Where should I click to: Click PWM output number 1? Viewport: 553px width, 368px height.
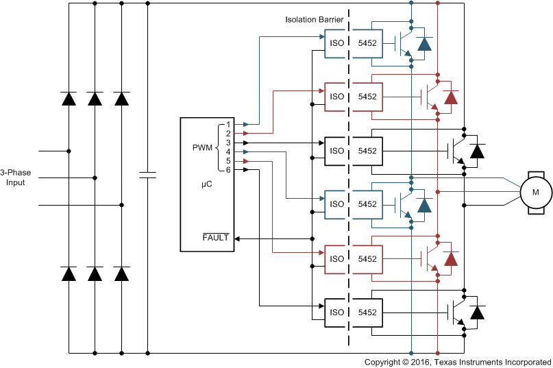click(x=228, y=125)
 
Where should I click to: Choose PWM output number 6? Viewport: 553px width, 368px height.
click(x=228, y=169)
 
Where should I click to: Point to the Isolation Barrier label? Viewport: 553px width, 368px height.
click(x=315, y=20)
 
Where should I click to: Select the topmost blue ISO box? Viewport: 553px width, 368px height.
click(x=336, y=42)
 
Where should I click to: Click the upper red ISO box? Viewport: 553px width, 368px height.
click(x=336, y=97)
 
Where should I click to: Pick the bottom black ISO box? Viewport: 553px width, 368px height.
click(x=336, y=312)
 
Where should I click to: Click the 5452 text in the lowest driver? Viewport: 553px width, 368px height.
click(x=367, y=312)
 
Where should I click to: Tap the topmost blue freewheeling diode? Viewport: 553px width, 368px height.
click(x=425, y=43)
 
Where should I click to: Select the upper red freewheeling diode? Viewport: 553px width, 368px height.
click(x=450, y=97)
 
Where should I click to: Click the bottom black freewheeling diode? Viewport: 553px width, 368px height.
click(x=477, y=312)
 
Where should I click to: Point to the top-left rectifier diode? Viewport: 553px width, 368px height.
click(x=69, y=98)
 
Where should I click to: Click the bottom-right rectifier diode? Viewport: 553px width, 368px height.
click(x=122, y=274)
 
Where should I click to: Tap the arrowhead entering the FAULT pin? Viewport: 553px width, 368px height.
click(x=237, y=238)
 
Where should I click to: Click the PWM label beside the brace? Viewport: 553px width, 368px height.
click(x=203, y=147)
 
